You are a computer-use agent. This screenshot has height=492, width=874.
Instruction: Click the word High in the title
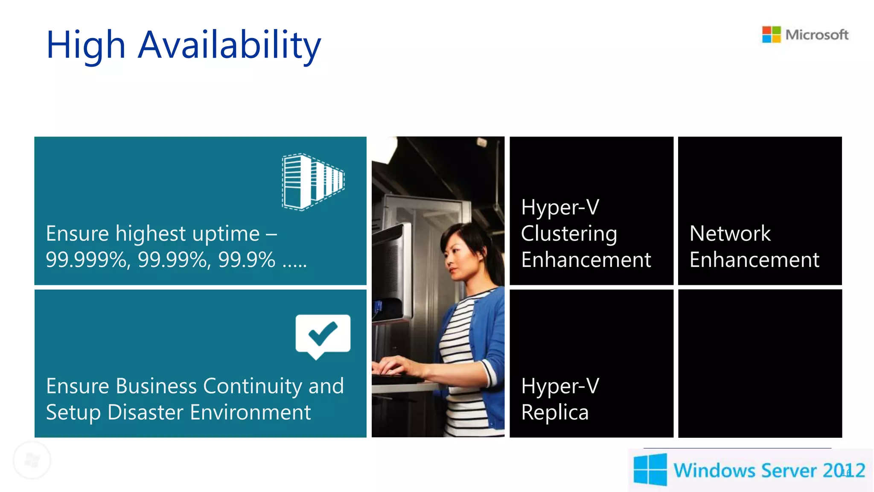click(86, 45)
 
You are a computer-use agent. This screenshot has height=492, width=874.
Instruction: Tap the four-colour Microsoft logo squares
click(771, 35)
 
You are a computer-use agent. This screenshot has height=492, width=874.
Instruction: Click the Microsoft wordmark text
click(817, 35)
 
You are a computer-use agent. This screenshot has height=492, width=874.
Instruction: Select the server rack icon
click(313, 182)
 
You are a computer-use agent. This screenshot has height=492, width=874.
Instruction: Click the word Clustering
click(569, 234)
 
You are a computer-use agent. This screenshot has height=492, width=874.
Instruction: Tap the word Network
click(730, 234)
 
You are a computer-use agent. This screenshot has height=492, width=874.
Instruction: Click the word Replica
click(555, 413)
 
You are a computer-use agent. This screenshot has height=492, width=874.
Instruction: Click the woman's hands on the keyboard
click(395, 367)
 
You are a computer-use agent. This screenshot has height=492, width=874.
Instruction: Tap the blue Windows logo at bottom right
click(650, 469)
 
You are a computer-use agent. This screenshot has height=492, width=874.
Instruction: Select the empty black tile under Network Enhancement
click(760, 363)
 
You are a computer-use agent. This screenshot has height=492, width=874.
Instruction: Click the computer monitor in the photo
click(390, 273)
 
